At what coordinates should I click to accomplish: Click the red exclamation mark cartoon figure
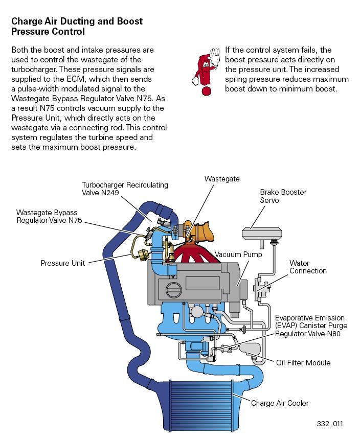pos(205,72)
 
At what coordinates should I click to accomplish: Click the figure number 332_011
pos(330,424)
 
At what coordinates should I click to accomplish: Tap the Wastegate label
pos(222,179)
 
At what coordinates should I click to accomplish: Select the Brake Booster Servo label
pos(283,196)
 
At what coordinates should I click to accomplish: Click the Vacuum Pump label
pos(238,254)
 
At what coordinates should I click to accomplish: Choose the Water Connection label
pos(308,267)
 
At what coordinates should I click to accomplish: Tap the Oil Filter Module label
pos(303,363)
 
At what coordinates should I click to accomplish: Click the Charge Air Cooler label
pos(280,403)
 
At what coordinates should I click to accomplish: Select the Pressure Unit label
pos(62,263)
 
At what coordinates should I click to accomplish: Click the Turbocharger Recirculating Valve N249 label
pos(125,189)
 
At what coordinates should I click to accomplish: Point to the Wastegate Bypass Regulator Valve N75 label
pos(49,216)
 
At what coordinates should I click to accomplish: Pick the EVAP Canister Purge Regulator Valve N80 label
pos(311,326)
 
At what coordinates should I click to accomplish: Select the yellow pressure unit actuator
pos(142,255)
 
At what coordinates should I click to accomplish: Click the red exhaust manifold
pos(196,252)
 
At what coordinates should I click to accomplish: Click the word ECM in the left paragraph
pos(76,79)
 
